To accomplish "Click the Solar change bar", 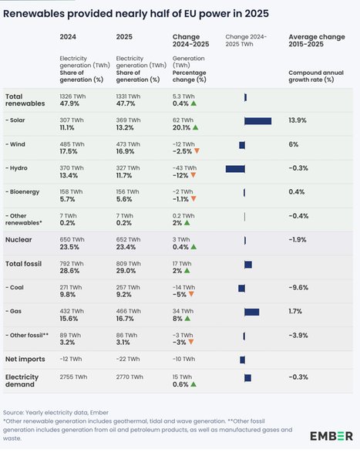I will point(257,121).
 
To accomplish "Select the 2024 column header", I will point(69,36).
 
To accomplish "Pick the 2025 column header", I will point(124,36).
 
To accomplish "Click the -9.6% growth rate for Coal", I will point(299,287).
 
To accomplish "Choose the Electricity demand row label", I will point(23,380).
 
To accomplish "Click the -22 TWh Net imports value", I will point(127,359).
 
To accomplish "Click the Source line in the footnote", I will point(56,413).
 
